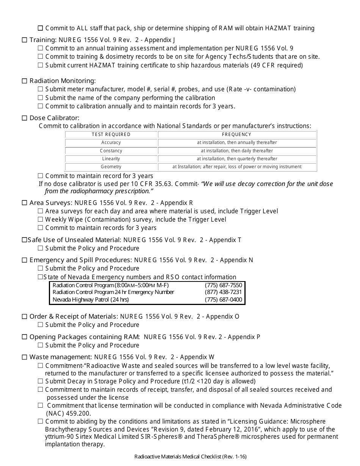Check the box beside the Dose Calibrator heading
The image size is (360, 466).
25,118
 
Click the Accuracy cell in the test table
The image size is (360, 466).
111,143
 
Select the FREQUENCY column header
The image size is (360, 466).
236,134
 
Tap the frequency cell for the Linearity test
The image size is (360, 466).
236,159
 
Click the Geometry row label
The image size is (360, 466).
111,167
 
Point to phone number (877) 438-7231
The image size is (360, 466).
223,292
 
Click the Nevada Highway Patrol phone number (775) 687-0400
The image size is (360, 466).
223,300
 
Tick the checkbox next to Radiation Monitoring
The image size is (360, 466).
25,81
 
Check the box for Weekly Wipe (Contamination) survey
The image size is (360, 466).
41,220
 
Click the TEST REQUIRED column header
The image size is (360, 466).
111,134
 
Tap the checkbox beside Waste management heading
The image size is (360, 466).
25,357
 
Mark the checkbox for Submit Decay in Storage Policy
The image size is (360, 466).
41,382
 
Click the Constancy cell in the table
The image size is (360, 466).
111,151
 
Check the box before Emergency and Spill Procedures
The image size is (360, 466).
25,260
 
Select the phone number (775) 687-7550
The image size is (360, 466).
223,285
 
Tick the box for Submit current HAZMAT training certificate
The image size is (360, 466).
41,65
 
